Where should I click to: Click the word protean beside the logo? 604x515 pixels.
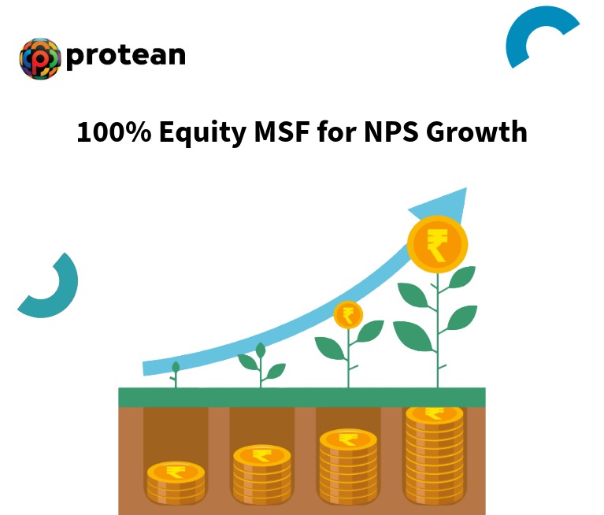(x=126, y=55)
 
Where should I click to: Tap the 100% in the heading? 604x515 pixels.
(x=113, y=132)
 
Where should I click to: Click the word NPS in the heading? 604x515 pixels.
(x=390, y=132)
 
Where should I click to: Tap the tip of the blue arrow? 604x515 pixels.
(x=464, y=191)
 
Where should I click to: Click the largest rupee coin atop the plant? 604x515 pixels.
(x=437, y=242)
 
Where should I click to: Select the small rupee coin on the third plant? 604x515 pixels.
(x=348, y=315)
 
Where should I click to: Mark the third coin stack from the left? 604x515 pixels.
(x=348, y=465)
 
